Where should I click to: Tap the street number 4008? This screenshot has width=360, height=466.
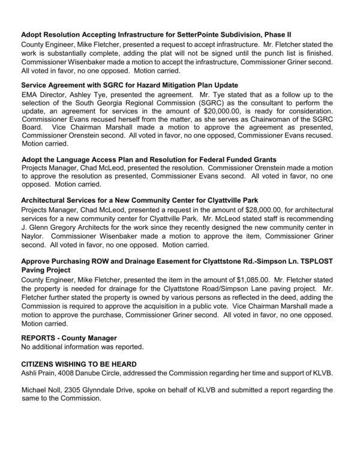(73, 372)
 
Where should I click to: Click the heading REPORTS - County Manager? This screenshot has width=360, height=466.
(69, 338)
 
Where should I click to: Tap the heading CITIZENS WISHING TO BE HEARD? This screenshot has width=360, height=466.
(79, 364)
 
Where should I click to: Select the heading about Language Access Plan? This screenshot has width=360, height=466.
(148, 160)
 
